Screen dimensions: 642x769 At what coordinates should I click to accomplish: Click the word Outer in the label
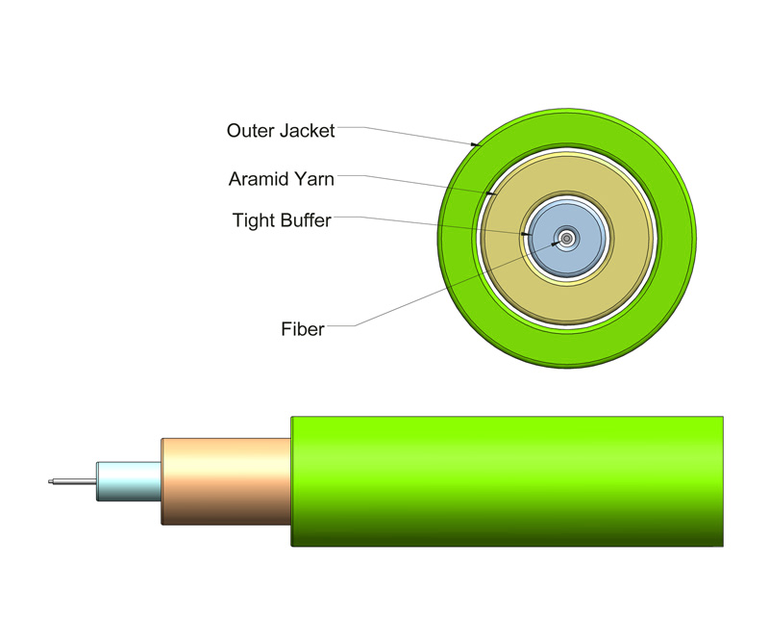[248, 130]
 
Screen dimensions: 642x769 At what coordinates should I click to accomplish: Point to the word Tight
[253, 220]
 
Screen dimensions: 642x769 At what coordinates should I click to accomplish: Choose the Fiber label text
[302, 329]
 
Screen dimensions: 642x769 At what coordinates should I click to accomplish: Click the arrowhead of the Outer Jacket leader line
[477, 144]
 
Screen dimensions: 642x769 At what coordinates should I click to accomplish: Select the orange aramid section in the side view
[226, 481]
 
